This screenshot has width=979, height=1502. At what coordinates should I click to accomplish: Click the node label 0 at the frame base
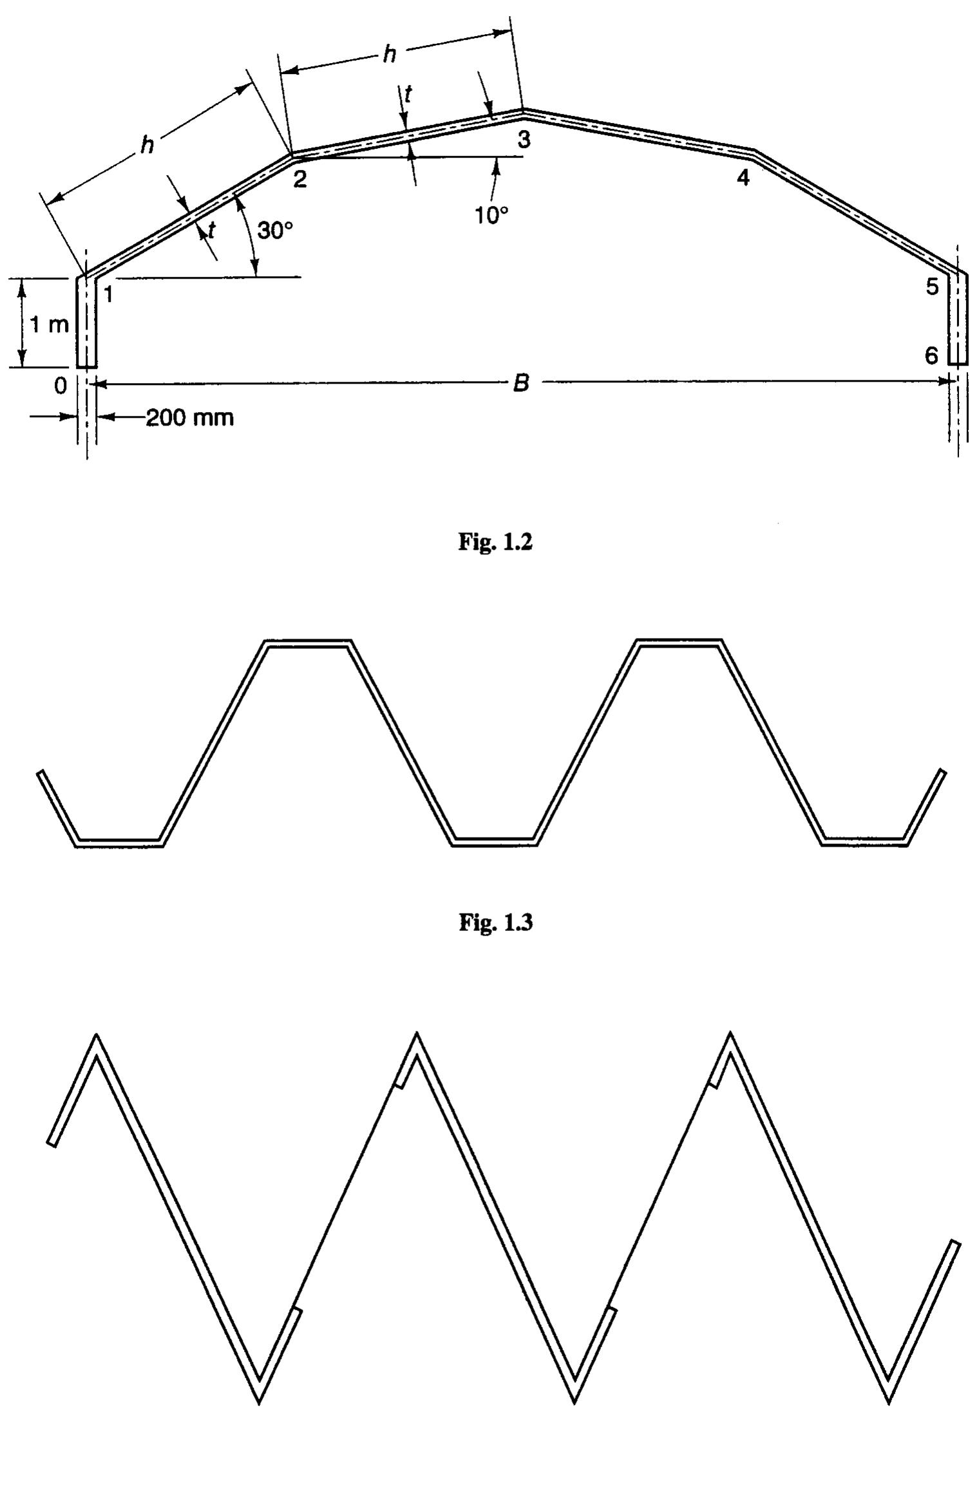(60, 386)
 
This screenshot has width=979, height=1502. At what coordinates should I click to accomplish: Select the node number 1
(108, 294)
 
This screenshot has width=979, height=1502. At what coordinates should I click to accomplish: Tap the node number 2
(299, 179)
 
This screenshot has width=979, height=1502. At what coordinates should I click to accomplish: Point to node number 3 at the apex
(524, 140)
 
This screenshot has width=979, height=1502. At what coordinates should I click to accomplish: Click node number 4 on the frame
(743, 178)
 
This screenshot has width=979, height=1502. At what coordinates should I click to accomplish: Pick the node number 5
(932, 287)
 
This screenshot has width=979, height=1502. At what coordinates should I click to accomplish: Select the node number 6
(931, 355)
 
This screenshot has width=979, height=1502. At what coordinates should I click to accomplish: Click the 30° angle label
(275, 230)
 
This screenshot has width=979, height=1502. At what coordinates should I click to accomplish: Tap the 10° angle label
(492, 216)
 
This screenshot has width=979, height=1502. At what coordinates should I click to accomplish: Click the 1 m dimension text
(50, 325)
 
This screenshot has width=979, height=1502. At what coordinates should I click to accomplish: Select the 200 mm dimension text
(190, 418)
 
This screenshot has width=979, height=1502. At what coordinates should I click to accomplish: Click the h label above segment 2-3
(389, 55)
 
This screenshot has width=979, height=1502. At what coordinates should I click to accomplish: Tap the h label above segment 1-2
(147, 146)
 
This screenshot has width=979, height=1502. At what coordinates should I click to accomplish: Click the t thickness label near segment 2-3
(408, 94)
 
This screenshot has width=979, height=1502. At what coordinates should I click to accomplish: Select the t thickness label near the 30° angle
(211, 229)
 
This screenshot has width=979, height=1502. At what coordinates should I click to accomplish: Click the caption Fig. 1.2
(495, 542)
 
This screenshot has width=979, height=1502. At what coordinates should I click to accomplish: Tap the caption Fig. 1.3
(495, 923)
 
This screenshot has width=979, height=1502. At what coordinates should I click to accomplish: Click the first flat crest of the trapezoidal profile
(308, 644)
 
